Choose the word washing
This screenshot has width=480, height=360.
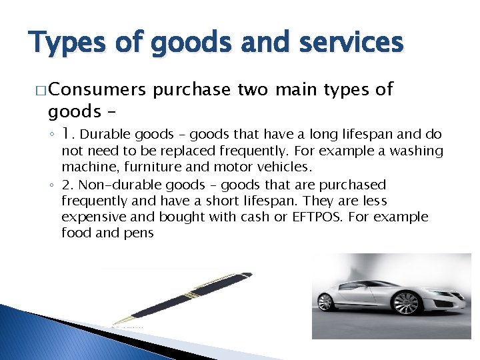417,151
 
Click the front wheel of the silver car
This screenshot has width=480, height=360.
325,303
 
